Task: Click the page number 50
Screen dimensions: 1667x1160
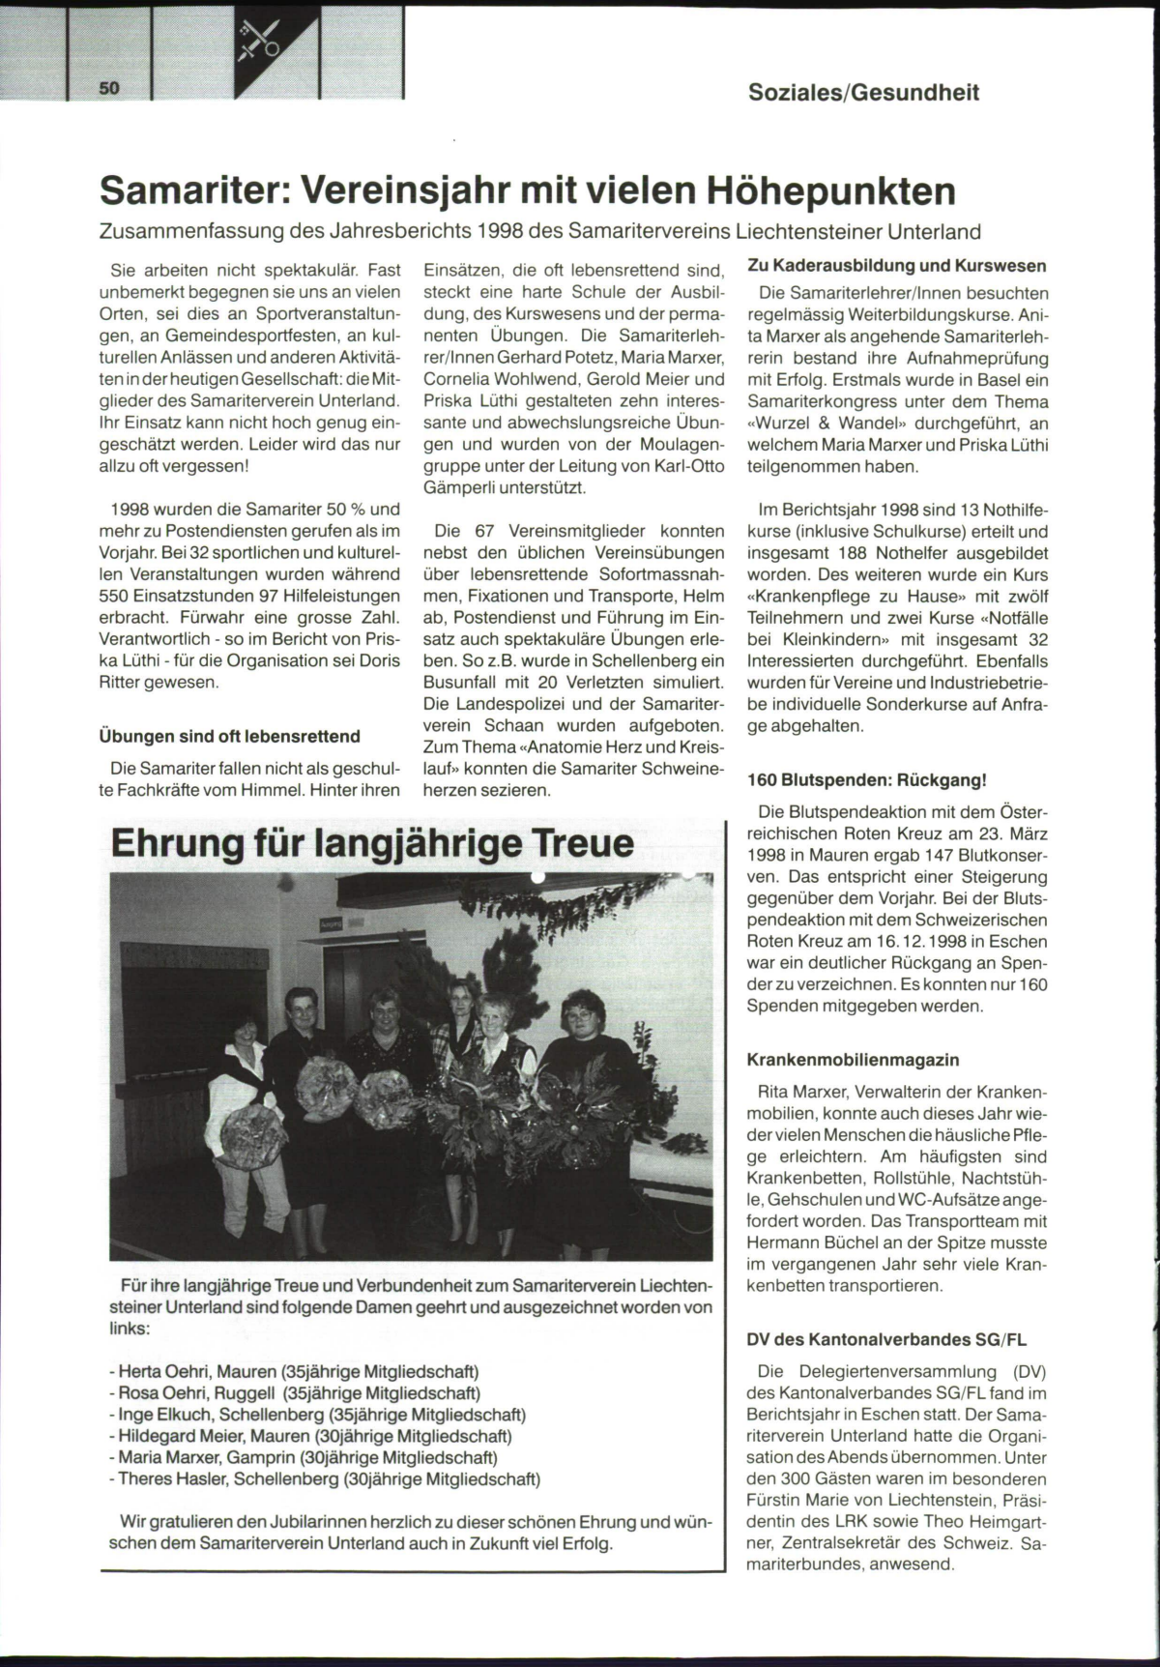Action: click(x=107, y=89)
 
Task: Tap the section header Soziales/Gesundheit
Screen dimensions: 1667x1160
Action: click(x=863, y=93)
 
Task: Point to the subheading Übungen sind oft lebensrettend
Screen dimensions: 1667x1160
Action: click(x=230, y=737)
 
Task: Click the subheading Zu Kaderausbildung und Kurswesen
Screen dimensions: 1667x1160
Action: click(x=897, y=266)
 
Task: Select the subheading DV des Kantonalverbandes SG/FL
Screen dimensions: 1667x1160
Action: click(x=886, y=1340)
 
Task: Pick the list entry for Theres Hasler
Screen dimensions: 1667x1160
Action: click(x=329, y=1478)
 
